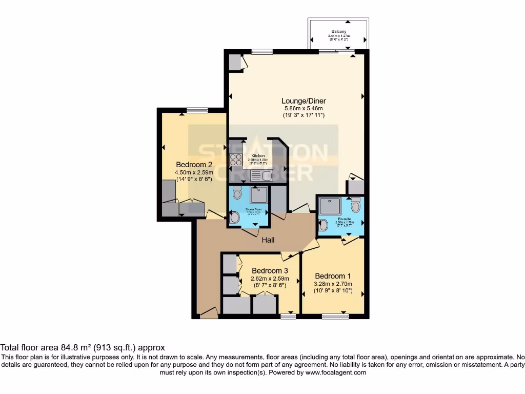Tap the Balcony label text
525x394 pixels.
[338, 31]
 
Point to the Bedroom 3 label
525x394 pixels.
[270, 270]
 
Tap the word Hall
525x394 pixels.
[269, 240]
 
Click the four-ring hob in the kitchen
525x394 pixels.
[236, 160]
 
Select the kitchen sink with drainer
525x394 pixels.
[261, 176]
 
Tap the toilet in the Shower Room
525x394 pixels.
[236, 194]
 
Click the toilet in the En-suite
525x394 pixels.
[355, 206]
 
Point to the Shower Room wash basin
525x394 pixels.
[235, 218]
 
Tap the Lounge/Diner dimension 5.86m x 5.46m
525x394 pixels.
[305, 108]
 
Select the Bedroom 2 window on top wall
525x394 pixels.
[197, 110]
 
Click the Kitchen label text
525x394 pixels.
[258, 155]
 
